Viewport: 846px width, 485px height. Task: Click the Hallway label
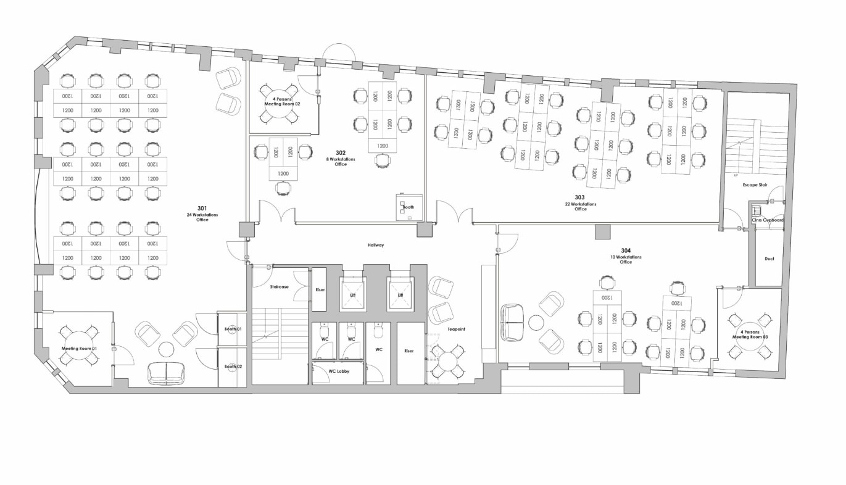[376, 245]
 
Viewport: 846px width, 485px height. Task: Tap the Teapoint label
[456, 329]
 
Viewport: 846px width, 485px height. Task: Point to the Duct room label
[768, 259]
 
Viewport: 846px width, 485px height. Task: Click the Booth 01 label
[233, 329]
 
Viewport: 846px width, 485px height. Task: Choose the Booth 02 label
[233, 367]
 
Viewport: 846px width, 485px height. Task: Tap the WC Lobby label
[339, 371]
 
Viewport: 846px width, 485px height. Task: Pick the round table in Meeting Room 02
[282, 103]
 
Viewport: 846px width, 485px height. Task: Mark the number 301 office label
[202, 208]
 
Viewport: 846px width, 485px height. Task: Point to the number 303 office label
[579, 197]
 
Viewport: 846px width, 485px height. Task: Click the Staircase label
[279, 286]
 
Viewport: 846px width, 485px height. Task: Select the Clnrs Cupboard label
[768, 220]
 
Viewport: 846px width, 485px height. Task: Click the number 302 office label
[341, 152]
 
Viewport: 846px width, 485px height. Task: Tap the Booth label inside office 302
[408, 207]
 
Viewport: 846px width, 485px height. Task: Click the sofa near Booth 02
[166, 373]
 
